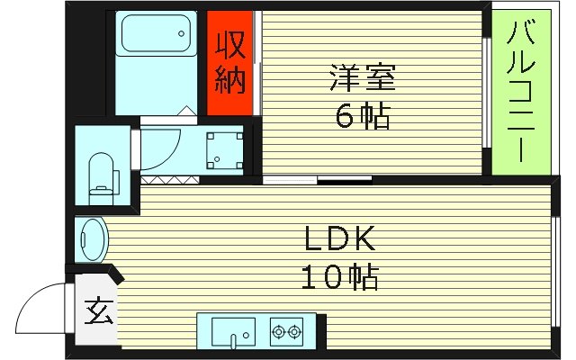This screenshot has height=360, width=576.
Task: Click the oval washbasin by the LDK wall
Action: [x=93, y=239]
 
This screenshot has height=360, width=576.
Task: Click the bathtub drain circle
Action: [x=182, y=40]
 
